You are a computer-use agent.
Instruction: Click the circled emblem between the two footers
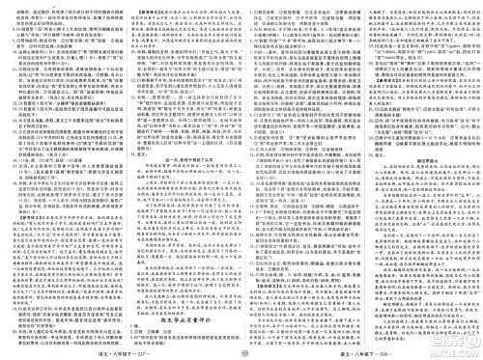tap(241, 352)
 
